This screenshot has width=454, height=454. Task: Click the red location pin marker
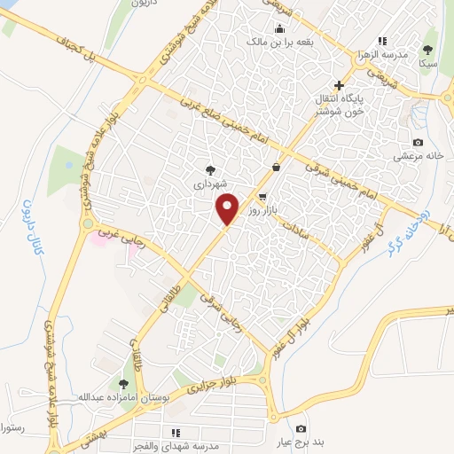click(x=229, y=209)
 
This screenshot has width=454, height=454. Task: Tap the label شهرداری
click(x=211, y=184)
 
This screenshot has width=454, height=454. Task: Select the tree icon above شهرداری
click(x=211, y=170)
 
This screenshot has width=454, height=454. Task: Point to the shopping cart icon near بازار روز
click(x=262, y=197)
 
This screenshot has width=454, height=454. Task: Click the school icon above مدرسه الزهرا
click(x=382, y=41)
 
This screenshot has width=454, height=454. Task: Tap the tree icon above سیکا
click(x=428, y=51)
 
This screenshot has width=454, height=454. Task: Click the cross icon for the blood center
click(x=339, y=85)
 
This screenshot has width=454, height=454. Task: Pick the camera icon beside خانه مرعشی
click(x=418, y=143)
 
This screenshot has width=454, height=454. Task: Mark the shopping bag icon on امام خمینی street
click(x=277, y=166)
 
